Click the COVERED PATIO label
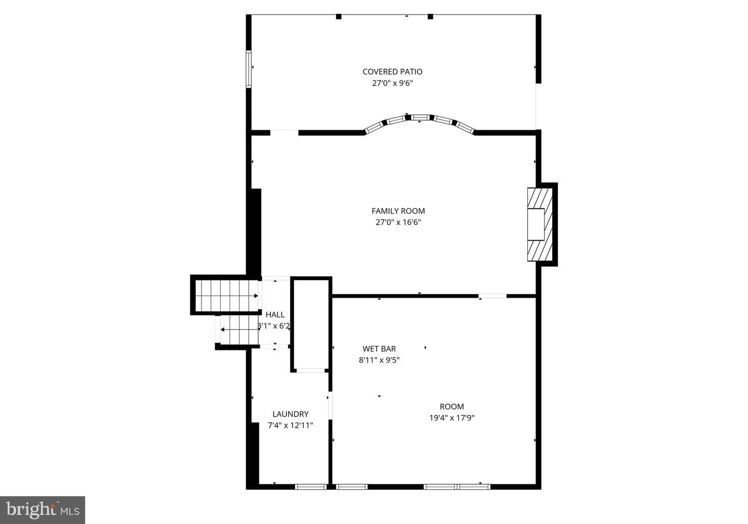pos(392,72)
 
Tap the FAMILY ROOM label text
pos(398,211)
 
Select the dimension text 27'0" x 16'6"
pos(398,222)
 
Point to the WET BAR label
pos(379,348)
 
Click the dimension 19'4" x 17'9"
pos(452,418)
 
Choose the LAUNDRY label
pos(290,414)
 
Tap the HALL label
pos(275,315)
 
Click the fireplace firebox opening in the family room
pos(536,224)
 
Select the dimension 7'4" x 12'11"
pos(290,425)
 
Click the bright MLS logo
pos(43,510)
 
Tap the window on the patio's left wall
pos(248,69)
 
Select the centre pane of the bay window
pos(420,117)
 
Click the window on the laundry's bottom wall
pos(311,487)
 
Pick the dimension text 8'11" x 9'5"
pos(379,360)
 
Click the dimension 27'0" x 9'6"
pos(392,83)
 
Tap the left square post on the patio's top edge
pos(339,17)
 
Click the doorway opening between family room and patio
pos(284,133)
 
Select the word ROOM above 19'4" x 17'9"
pos(452,407)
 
